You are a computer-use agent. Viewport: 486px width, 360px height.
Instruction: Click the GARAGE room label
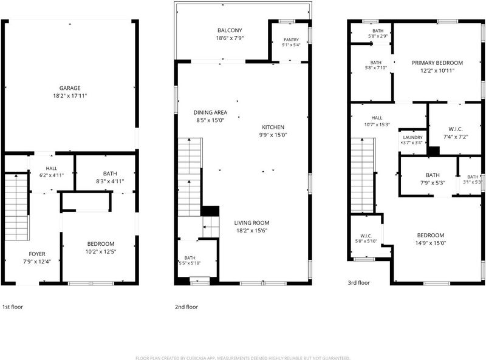[x=70, y=88]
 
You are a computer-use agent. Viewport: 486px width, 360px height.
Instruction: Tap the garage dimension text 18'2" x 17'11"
[x=70, y=96]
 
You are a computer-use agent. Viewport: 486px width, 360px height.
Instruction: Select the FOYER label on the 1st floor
[x=37, y=254]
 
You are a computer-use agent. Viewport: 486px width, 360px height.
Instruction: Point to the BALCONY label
[x=230, y=30]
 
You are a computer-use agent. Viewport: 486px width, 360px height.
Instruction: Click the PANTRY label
[x=291, y=39]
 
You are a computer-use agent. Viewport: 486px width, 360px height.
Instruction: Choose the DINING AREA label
[x=210, y=112]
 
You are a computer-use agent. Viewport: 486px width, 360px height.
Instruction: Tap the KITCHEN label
[x=273, y=127]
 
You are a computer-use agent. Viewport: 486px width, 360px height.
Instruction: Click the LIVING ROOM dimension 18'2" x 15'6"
[x=252, y=231]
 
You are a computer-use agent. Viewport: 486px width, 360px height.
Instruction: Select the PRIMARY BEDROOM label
[x=437, y=63]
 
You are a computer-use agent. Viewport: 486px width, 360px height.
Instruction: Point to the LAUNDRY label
[x=413, y=137]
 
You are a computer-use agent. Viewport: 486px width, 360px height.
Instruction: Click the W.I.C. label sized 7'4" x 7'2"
[x=456, y=129]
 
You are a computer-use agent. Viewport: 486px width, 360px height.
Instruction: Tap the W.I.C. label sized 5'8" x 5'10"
[x=366, y=236]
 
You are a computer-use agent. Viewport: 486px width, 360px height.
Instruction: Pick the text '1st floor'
[x=13, y=307]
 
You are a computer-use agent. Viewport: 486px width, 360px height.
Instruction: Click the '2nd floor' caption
[x=187, y=307]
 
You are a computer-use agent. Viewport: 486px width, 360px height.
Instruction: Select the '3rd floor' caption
[x=358, y=282]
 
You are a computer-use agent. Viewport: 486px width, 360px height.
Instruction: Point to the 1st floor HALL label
[x=52, y=168]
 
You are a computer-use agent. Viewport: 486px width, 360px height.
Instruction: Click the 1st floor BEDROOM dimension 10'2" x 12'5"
[x=101, y=251]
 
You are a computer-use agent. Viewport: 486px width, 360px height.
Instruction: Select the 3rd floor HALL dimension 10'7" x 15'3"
[x=377, y=124]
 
